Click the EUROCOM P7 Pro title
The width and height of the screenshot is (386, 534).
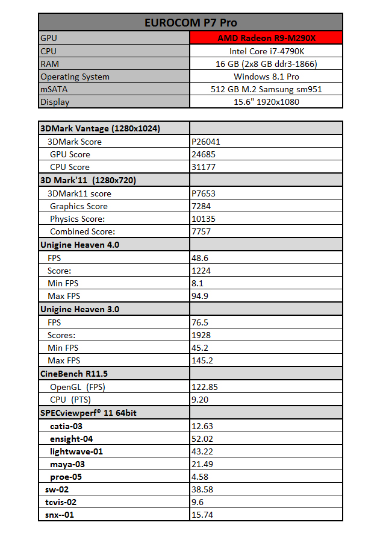pyautogui.click(x=190, y=22)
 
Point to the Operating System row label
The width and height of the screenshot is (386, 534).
pyautogui.click(x=75, y=77)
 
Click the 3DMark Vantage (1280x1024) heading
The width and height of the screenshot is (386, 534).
pyautogui.click(x=99, y=128)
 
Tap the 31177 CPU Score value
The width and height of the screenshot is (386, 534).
pyautogui.click(x=204, y=167)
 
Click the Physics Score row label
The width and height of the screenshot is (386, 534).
pyautogui.click(x=78, y=219)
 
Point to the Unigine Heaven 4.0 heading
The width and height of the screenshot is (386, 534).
pyautogui.click(x=79, y=245)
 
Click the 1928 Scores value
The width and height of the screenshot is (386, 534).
pyautogui.click(x=202, y=335)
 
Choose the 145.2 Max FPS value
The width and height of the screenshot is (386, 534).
pyautogui.click(x=203, y=360)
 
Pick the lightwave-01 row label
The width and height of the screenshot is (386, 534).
pyautogui.click(x=76, y=451)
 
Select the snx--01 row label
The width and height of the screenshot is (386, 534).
pyautogui.click(x=63, y=515)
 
